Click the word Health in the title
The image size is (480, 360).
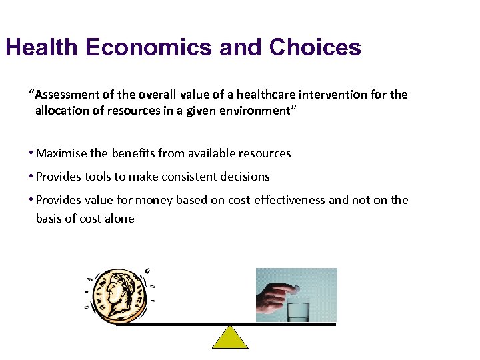41,47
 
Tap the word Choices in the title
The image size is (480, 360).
315,47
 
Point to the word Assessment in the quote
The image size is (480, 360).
61,95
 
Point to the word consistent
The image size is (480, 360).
186,177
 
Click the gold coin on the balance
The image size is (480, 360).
120,296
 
